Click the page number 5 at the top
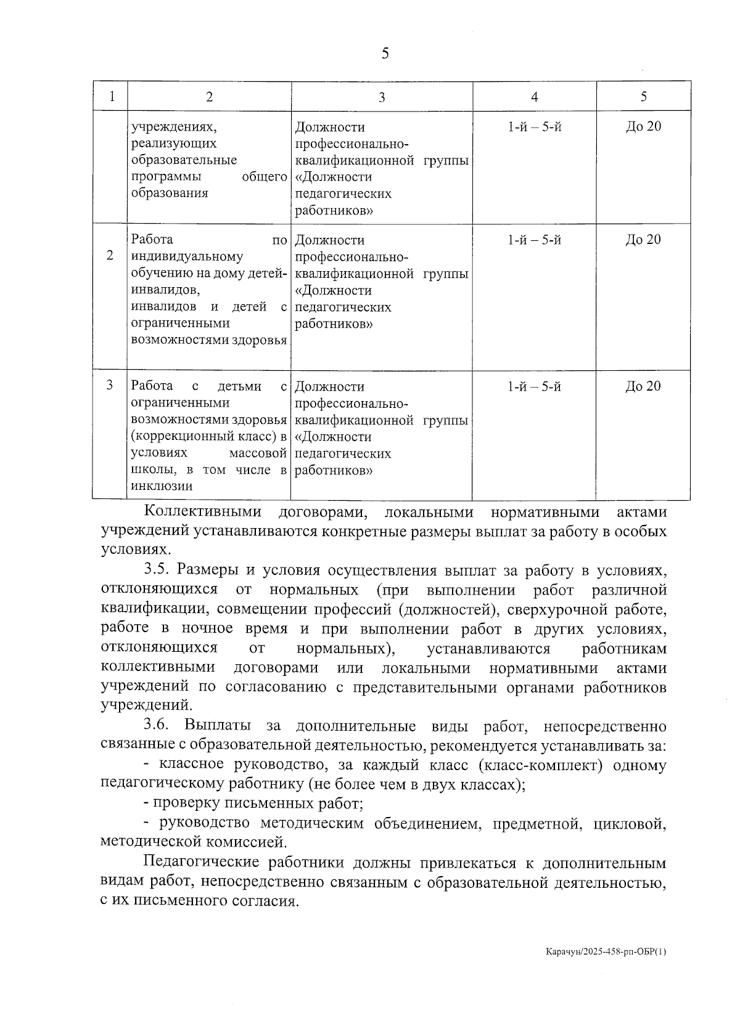385,54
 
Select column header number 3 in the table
382,97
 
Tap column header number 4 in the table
534,97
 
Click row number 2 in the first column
110,256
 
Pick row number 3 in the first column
110,385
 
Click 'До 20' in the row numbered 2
643,240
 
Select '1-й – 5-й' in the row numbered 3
534,386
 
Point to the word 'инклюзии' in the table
162,486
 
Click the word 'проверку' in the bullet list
180,804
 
